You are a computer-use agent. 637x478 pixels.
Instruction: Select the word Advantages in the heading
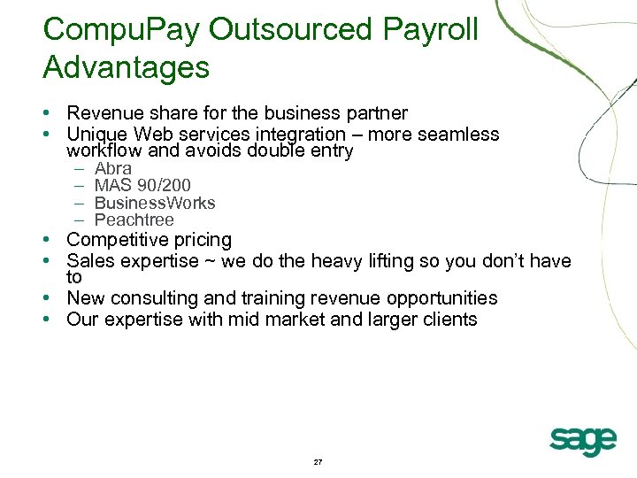coord(126,67)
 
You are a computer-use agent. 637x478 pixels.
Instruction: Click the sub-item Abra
coord(112,168)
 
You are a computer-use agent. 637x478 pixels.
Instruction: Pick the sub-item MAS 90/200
coord(142,185)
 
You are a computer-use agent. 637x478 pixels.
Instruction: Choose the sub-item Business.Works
coord(154,203)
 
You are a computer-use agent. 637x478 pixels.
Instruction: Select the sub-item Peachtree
coord(134,220)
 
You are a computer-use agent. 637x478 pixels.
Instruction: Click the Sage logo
coord(582,439)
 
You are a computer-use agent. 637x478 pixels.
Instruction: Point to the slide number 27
coord(318,463)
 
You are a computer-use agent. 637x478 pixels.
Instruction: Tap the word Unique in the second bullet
coord(97,135)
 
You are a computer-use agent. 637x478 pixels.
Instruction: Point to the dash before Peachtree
coord(78,220)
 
